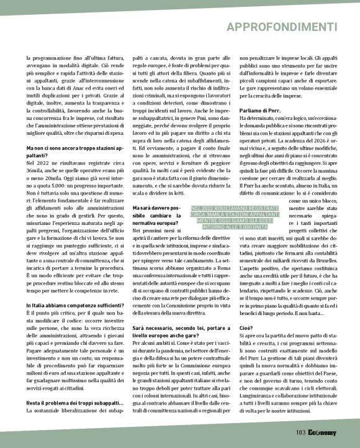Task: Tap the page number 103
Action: [x=301, y=432]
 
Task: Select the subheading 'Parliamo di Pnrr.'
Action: [x=259, y=109]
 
